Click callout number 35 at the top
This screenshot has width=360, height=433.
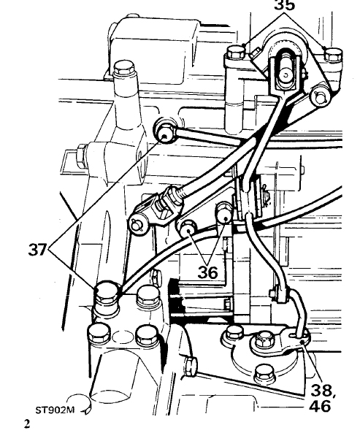tap(285, 5)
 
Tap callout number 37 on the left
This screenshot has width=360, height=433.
tap(37, 250)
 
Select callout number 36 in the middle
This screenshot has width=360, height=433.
tap(207, 272)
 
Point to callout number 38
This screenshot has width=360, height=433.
tap(321, 391)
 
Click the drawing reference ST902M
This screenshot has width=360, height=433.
tap(55, 410)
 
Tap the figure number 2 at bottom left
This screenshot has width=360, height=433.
tap(27, 424)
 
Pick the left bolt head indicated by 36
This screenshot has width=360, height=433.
tap(188, 227)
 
